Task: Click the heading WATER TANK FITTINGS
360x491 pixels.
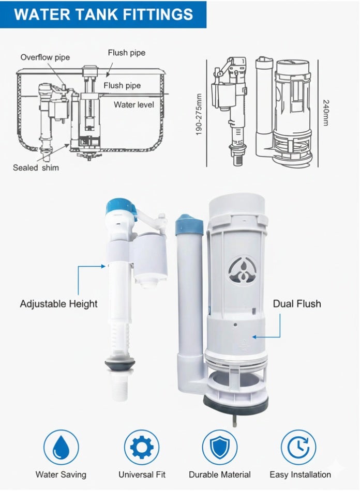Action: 103,14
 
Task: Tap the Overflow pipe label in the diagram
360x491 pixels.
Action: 45,57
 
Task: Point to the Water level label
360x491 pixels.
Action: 133,105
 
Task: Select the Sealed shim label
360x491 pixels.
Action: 36,167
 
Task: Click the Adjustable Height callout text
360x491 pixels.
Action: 58,303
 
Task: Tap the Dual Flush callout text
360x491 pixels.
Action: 297,303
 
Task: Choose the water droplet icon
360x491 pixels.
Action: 61,447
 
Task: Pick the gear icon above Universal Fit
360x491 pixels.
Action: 142,447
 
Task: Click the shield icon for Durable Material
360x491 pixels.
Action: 219,447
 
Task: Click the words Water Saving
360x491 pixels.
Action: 61,474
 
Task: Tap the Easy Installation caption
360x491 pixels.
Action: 300,474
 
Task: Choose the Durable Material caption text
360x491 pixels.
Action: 219,474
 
